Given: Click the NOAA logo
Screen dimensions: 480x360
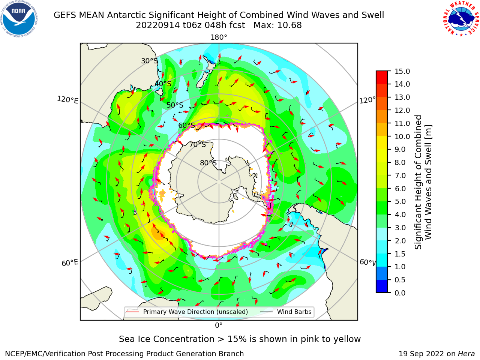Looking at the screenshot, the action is click(x=19, y=19).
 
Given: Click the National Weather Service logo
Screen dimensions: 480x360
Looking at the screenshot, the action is click(x=461, y=18).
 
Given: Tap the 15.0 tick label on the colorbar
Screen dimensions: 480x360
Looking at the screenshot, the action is click(x=402, y=71).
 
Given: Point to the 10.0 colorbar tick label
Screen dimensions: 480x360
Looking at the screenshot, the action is click(x=402, y=136).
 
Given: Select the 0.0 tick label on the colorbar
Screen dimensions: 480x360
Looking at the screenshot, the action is click(x=400, y=293).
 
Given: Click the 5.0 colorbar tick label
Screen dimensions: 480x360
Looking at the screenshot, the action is click(x=400, y=201).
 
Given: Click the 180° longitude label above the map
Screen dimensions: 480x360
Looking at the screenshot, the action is click(x=219, y=37).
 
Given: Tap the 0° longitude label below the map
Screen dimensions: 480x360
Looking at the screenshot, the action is click(x=219, y=325).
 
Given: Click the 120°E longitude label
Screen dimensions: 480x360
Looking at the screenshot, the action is click(x=67, y=100).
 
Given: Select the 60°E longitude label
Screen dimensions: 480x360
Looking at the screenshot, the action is click(x=70, y=263).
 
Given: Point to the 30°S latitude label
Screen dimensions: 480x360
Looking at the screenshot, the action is click(x=149, y=61).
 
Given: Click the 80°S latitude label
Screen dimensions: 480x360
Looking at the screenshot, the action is click(x=208, y=163).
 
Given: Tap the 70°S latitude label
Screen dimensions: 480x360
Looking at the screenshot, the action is click(x=198, y=144).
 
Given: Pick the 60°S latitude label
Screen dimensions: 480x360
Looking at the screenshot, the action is click(x=186, y=126).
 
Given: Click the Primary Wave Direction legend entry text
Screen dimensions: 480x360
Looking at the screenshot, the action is click(x=195, y=312).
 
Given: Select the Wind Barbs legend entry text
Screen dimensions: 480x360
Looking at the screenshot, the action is click(x=294, y=312).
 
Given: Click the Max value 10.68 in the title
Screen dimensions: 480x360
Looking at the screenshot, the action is click(x=289, y=25).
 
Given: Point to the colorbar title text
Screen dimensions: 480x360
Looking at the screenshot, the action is click(x=423, y=182).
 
